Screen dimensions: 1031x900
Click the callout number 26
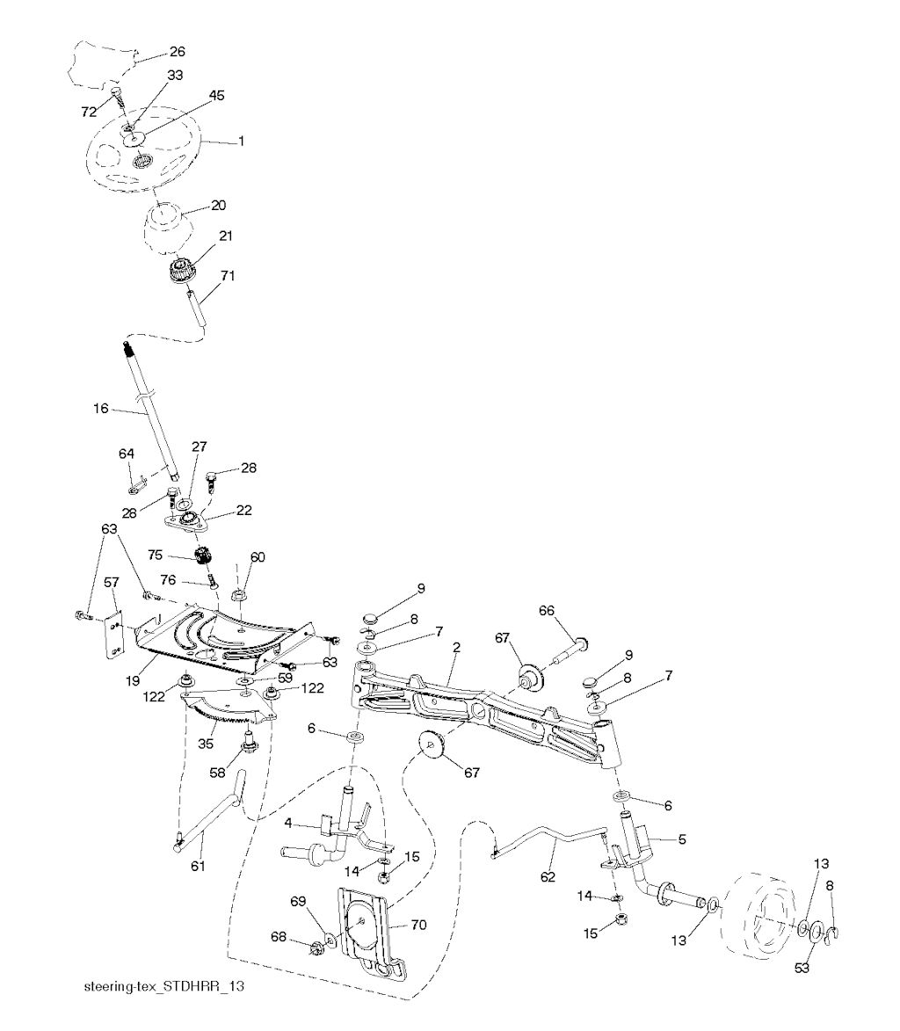tap(178, 52)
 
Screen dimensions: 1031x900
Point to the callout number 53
tap(802, 969)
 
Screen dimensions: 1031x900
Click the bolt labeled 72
tap(117, 94)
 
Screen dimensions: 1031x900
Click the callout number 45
tap(216, 95)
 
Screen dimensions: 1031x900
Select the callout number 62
tap(548, 876)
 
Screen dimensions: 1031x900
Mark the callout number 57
tap(111, 582)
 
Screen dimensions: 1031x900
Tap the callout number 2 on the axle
tap(457, 647)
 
